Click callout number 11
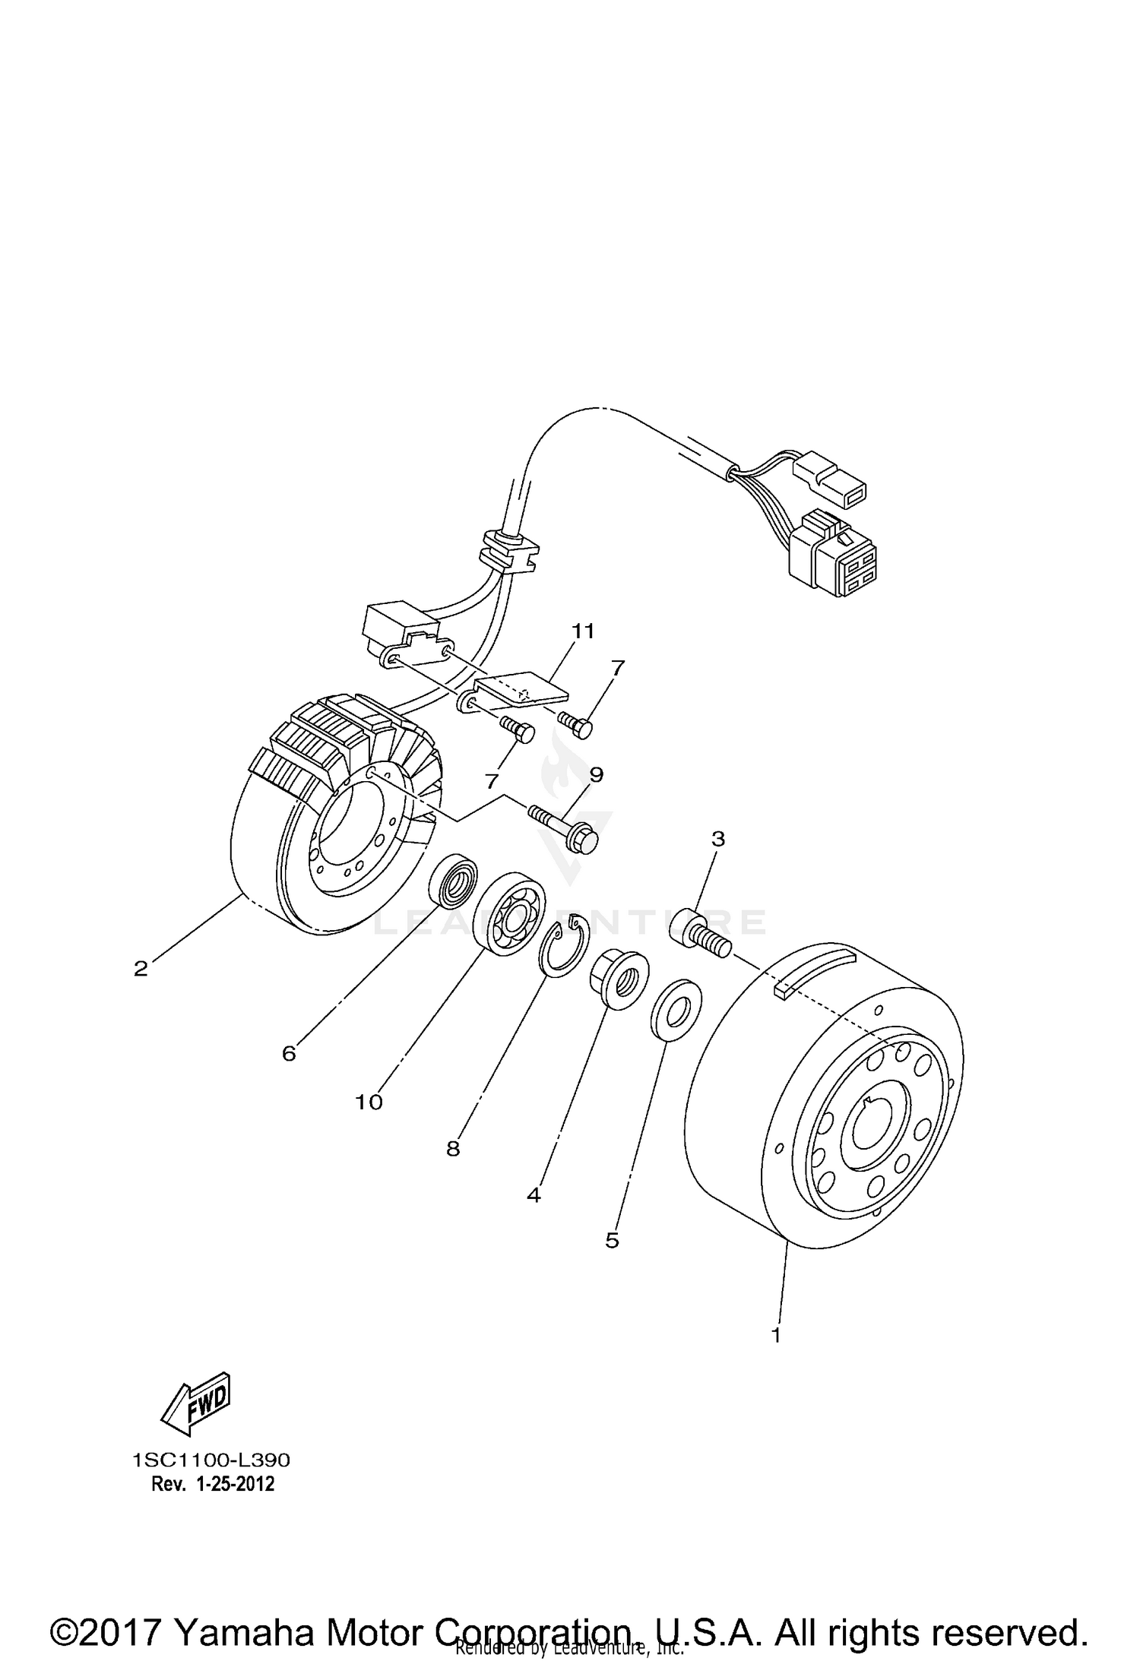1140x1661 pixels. tap(584, 631)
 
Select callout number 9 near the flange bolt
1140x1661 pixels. tap(596, 774)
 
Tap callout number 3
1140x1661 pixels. tap(717, 839)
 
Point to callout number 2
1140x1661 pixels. tap(141, 969)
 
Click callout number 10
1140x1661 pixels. tap(369, 1102)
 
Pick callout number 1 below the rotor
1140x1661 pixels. tap(776, 1334)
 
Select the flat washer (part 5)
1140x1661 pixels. tap(676, 1011)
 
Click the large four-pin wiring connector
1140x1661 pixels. tap(833, 559)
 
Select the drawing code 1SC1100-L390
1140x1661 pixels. tap(211, 1460)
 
